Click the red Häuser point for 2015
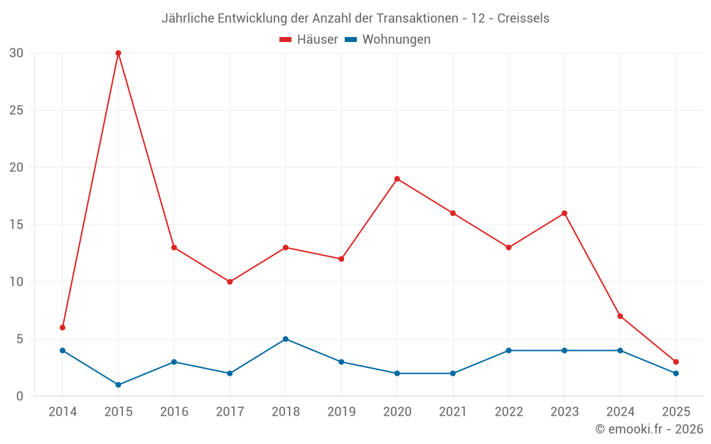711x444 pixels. [118, 53]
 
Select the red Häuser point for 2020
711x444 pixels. [397, 179]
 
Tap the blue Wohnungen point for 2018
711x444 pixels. [285, 339]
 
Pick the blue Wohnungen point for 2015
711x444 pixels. [118, 385]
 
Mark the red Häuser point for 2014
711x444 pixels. [63, 327]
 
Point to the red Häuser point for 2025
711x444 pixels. [675, 362]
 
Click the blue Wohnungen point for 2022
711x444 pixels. [508, 350]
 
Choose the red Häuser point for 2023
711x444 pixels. [564, 213]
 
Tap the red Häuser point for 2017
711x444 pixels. [230, 282]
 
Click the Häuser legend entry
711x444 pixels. [309, 40]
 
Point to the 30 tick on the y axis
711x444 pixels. [17, 53]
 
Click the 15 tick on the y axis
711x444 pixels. [17, 224]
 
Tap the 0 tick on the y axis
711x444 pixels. [20, 396]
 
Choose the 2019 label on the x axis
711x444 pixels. [341, 411]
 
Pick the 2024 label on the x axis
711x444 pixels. [620, 411]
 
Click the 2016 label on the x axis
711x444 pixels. [174, 411]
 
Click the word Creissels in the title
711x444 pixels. [523, 18]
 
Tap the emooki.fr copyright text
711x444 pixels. [648, 429]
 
